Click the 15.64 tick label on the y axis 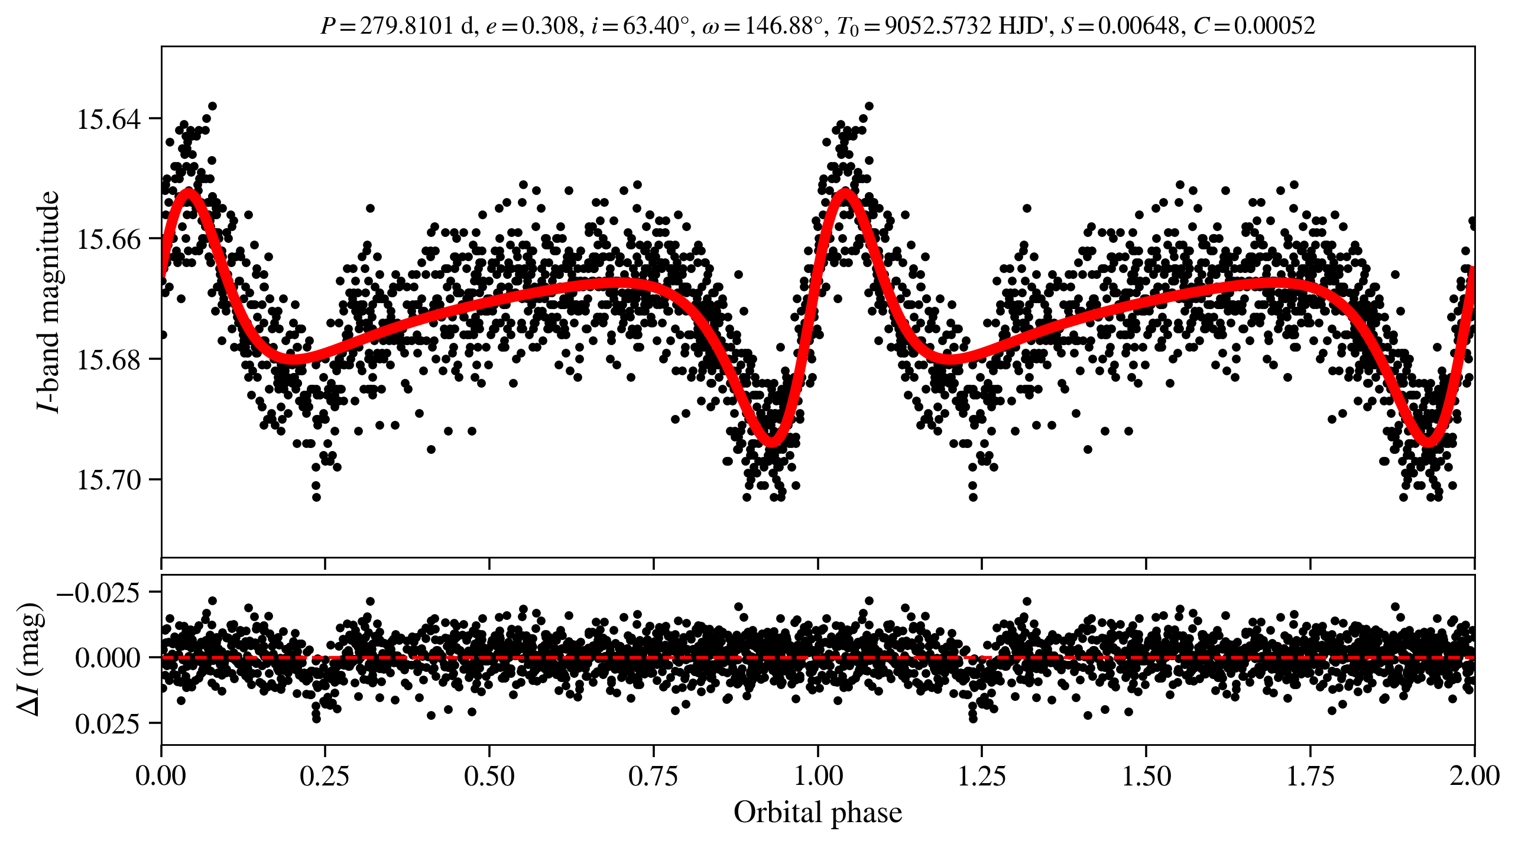point(109,119)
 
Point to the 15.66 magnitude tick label point(109,239)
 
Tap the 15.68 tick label point(109,359)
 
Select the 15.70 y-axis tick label point(109,479)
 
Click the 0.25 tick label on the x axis point(325,776)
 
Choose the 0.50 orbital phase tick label point(489,776)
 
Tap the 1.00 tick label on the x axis point(817,776)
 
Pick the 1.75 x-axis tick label point(1310,776)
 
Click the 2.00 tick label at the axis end point(1474,776)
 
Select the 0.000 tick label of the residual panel point(108,657)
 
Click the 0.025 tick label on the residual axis point(108,723)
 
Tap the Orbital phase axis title point(817,813)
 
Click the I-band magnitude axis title point(48,301)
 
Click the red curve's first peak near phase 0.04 point(189,191)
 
